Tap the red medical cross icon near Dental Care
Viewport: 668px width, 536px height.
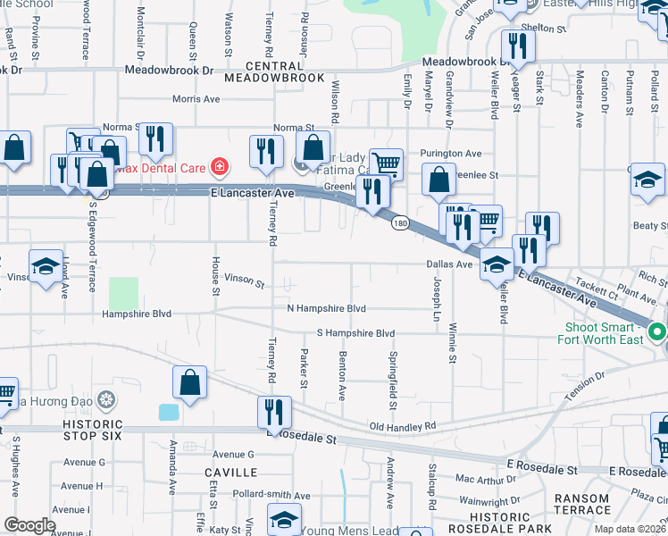pyautogui.click(x=218, y=166)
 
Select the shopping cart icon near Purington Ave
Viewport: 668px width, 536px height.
pyautogui.click(x=385, y=163)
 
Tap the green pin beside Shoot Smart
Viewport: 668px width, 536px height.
pyautogui.click(x=658, y=331)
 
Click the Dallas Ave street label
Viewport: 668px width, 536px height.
pyautogui.click(x=449, y=264)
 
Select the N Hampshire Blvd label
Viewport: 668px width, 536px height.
pyautogui.click(x=326, y=308)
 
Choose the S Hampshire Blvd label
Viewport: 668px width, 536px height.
pyautogui.click(x=355, y=333)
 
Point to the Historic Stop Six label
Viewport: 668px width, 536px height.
pyautogui.click(x=98, y=429)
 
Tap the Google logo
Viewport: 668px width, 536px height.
pyautogui.click(x=29, y=525)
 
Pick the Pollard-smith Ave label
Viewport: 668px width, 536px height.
pyautogui.click(x=271, y=494)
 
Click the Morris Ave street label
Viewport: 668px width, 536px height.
pyautogui.click(x=196, y=99)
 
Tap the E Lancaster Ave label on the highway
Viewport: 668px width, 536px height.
pyautogui.click(x=253, y=193)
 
